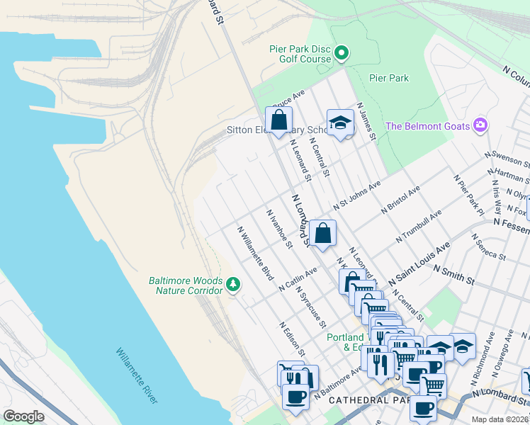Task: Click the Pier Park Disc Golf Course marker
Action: pos(342,52)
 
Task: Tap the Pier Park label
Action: pos(389,78)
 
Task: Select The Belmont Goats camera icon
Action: pos(480,125)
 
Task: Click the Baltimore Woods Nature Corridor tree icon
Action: pos(233,285)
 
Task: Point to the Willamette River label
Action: pos(137,375)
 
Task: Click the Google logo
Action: pos(23,416)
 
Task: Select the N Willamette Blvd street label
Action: pos(255,254)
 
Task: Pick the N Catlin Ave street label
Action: pos(298,279)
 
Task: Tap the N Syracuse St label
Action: pos(311,307)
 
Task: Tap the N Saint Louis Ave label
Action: pos(424,259)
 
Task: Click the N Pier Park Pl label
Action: pos(470,195)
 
